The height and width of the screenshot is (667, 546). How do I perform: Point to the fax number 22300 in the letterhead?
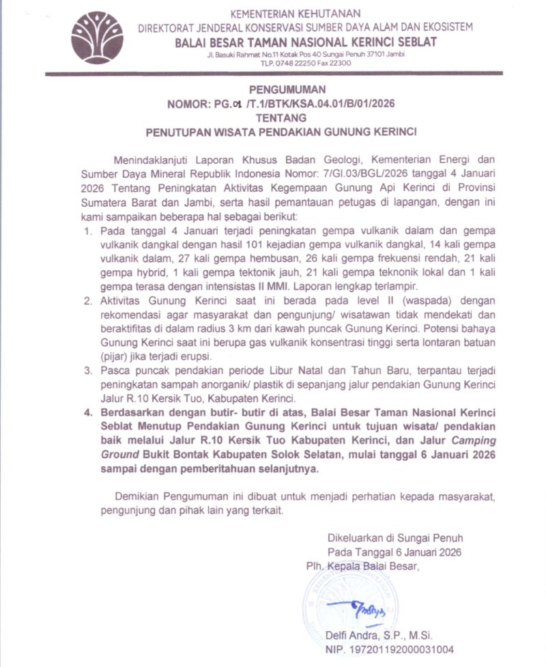[x=339, y=63]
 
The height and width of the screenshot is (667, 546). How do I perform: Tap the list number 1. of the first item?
[x=88, y=232]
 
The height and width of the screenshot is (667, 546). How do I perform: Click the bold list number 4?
[x=88, y=414]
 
